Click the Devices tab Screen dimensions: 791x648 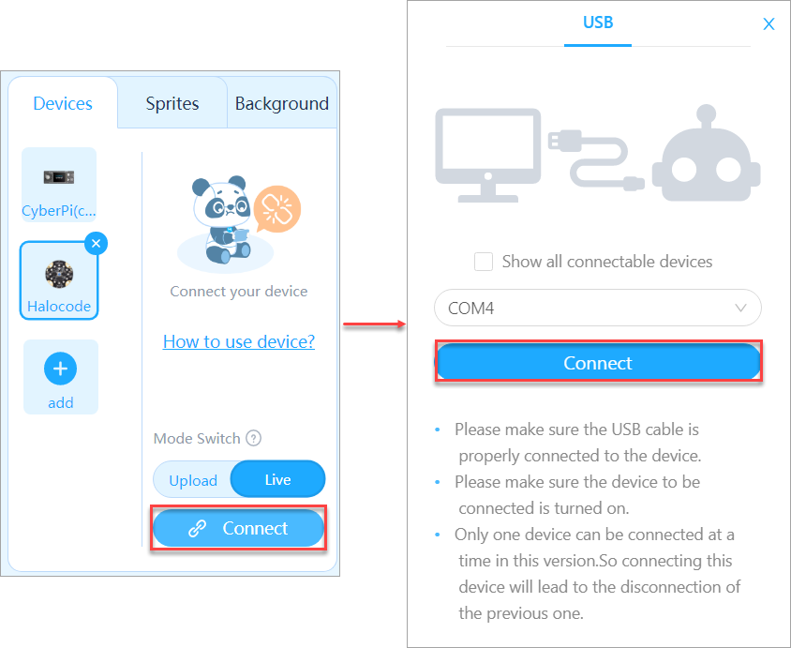click(63, 103)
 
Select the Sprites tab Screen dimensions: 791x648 click(172, 103)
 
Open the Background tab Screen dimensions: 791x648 click(281, 103)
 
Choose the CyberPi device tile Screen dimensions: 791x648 click(59, 184)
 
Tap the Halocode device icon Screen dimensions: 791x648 click(59, 274)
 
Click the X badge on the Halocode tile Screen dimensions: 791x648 click(96, 243)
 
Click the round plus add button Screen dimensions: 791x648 click(61, 369)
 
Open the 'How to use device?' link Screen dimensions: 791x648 click(239, 341)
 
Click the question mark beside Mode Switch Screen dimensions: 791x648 click(253, 438)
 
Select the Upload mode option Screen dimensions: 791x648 click(193, 479)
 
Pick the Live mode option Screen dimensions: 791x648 click(278, 479)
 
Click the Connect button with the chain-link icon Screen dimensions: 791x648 click(239, 528)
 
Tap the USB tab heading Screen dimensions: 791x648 click(598, 23)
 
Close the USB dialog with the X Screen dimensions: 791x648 click(769, 23)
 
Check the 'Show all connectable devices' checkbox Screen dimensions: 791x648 click(484, 262)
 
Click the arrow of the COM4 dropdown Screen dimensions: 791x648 click(740, 308)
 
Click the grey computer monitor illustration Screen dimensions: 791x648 click(488, 155)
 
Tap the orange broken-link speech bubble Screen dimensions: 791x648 click(277, 209)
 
